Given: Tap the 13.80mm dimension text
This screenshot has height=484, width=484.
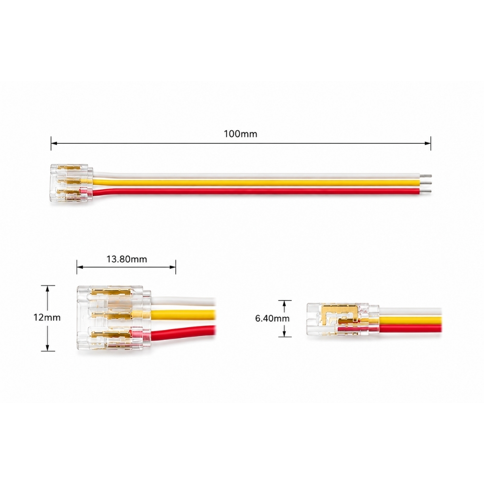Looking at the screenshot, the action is pyautogui.click(x=127, y=259).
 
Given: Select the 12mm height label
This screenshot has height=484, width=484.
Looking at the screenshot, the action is pyautogui.click(x=47, y=318).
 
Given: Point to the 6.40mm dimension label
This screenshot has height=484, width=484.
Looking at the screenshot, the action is pyautogui.click(x=272, y=318).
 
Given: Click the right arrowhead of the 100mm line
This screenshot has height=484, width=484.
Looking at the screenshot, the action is pyautogui.click(x=428, y=143).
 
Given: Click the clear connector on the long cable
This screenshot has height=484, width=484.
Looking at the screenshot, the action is pyautogui.click(x=72, y=183).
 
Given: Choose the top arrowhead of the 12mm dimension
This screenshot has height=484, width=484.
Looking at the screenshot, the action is pyautogui.click(x=47, y=288).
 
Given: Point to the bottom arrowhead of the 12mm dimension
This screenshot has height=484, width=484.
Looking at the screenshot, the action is pyautogui.click(x=47, y=348).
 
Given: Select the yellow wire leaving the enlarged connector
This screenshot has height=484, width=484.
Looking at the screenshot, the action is pyautogui.click(x=183, y=314).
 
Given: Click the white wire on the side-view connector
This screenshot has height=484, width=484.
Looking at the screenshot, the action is pyautogui.click(x=410, y=311).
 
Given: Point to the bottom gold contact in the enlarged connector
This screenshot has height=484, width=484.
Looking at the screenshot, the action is pyautogui.click(x=111, y=335).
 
